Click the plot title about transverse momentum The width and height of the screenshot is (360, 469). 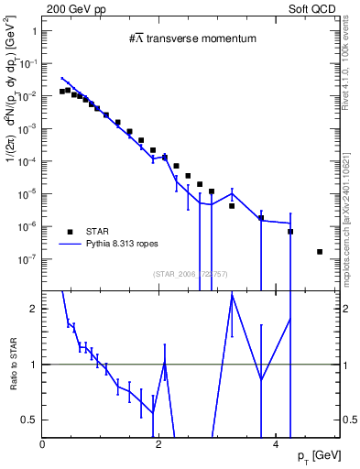pyautogui.click(x=191, y=38)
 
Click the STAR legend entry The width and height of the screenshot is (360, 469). pyautogui.click(x=99, y=232)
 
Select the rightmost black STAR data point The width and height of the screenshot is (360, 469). pyautogui.click(x=319, y=251)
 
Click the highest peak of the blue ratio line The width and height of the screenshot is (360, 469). pyautogui.click(x=232, y=292)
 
